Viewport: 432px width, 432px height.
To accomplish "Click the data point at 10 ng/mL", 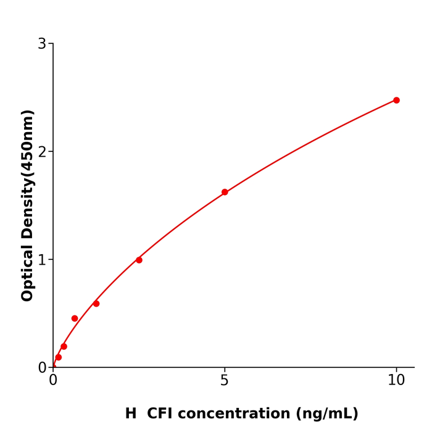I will (x=396, y=100).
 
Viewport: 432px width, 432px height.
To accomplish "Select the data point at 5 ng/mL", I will (x=225, y=192).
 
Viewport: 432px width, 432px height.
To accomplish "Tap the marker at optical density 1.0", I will (x=139, y=260).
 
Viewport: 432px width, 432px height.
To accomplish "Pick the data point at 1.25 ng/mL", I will (x=96, y=304).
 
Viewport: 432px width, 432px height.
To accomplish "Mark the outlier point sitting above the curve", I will (x=75, y=318).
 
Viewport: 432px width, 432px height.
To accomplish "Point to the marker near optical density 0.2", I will (x=64, y=346).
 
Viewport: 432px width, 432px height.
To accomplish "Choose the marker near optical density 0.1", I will (x=58, y=357).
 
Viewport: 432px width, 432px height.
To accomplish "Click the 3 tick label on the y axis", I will (x=42, y=44).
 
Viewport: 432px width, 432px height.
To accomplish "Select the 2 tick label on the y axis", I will (x=42, y=152).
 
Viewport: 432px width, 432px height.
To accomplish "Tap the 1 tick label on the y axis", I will (x=42, y=260).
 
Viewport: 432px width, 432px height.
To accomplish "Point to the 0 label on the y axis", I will (x=42, y=368).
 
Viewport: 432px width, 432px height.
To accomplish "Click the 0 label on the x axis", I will (x=53, y=381).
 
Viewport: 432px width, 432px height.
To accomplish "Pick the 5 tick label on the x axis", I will (x=225, y=381).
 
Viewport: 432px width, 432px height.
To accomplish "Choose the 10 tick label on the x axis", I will (x=396, y=381).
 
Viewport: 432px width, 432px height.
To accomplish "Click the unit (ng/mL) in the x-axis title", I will (x=326, y=413).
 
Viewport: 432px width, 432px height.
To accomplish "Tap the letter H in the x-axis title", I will (x=131, y=413).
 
